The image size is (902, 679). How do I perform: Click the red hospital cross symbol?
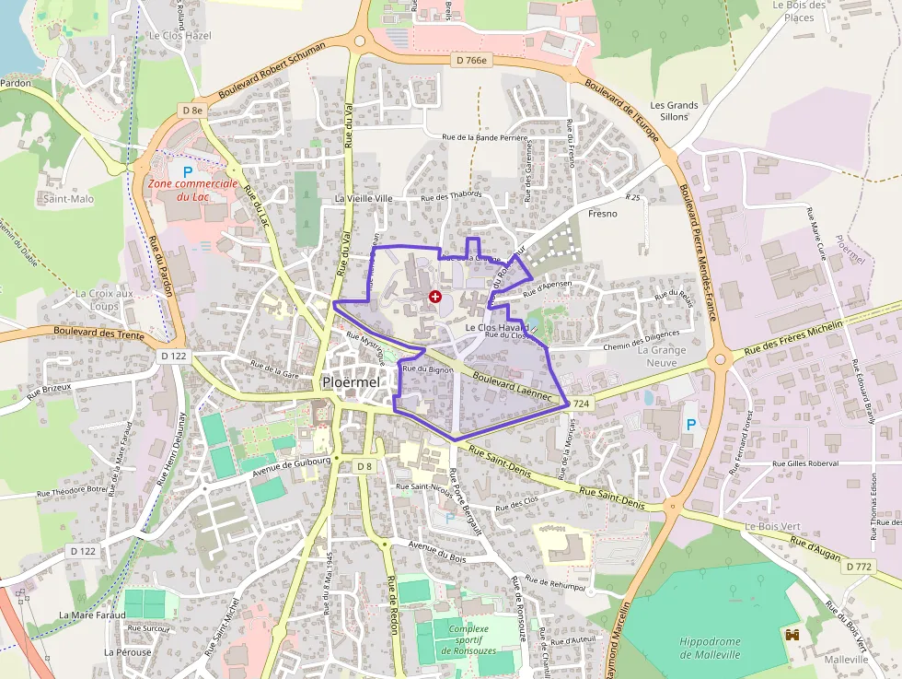434,297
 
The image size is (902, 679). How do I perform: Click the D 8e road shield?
191,111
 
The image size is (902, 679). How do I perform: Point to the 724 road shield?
580,404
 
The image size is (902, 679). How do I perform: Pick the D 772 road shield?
858,566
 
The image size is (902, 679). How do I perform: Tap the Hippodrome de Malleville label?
710,648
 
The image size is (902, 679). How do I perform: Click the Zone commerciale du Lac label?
193,190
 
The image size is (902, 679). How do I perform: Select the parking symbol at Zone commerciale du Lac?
188,171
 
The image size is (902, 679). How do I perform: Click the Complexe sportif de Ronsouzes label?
469,639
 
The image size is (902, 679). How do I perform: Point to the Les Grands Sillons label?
674,111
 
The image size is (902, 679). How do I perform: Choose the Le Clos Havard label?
497,327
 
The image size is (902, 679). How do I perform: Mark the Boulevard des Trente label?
98,333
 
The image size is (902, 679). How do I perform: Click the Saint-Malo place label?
68,198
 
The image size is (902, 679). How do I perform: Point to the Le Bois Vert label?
773,526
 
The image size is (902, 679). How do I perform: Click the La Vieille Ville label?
364,198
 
